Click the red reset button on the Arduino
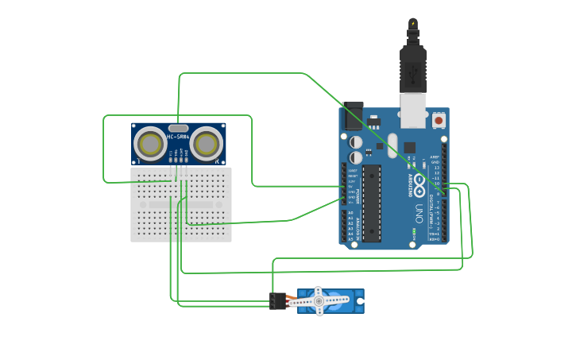point(439,121)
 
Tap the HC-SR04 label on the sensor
point(178,136)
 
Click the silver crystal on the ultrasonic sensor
point(179,127)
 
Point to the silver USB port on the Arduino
point(412,111)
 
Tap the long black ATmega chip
point(372,203)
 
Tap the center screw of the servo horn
point(319,301)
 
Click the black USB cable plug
point(412,68)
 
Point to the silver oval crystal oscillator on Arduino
point(392,141)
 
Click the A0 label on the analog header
point(350,214)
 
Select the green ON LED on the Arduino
point(414,232)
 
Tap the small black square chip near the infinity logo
point(410,147)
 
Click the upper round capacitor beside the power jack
point(356,141)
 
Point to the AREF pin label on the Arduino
point(435,157)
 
